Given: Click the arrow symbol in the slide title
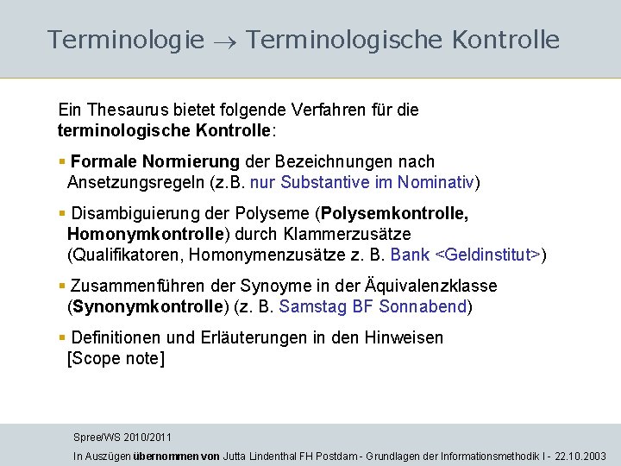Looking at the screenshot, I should click(224, 41).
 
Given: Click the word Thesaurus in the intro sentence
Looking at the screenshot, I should click(122, 110).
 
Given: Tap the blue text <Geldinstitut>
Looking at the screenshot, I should click(488, 255).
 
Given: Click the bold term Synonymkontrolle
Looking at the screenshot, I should click(145, 306).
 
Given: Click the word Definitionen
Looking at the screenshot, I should click(119, 337).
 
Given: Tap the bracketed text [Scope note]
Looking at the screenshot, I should click(116, 358).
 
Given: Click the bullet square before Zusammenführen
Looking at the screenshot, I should click(62, 286).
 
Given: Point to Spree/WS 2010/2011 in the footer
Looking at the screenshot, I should click(122, 438).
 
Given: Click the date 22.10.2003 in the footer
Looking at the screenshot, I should click(581, 456).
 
